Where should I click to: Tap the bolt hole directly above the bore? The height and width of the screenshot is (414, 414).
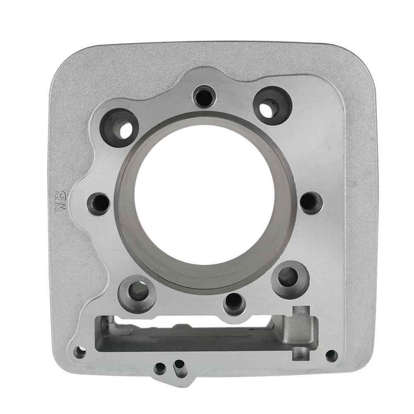click(204, 96)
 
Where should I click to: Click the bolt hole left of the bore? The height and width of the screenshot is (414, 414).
click(98, 203)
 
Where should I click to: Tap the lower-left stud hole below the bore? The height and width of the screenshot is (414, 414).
click(137, 291)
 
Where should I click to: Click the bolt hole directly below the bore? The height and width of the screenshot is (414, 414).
click(235, 302)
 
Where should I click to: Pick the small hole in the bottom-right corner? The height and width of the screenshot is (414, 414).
click(331, 356)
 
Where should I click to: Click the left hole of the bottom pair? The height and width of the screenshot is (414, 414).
click(160, 368)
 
